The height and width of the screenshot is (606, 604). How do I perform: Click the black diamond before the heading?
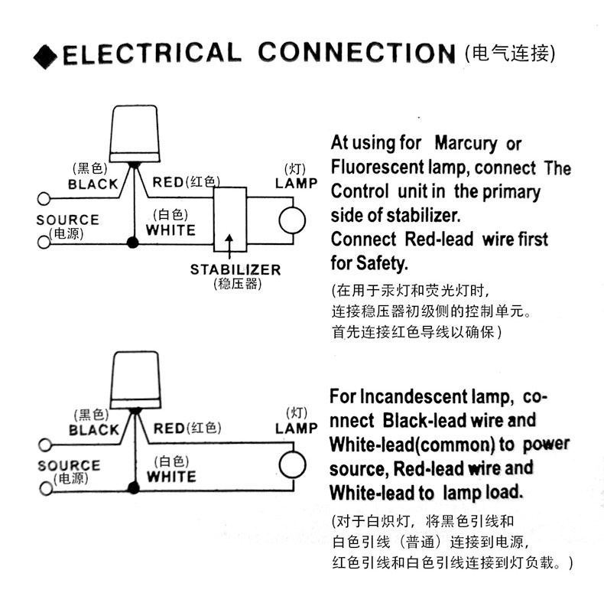pos(45,57)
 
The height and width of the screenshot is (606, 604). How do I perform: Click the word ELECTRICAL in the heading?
pos(152,54)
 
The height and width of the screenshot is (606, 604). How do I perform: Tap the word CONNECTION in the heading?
pos(357,53)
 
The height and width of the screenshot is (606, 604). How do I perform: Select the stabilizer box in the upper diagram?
pos(230,220)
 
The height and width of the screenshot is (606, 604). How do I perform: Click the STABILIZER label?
pos(235,269)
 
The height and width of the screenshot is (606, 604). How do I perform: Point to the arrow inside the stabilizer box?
pos(229,246)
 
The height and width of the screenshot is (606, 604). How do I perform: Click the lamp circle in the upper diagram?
pos(292,220)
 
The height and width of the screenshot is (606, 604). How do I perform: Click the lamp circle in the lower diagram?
pos(292,465)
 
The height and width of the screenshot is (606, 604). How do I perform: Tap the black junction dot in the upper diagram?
pos(133,243)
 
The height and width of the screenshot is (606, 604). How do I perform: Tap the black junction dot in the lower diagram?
pos(134,487)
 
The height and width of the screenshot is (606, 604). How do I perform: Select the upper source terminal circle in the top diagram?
pos(44,199)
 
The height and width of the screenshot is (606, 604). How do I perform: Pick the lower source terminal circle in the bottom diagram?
pos(46,488)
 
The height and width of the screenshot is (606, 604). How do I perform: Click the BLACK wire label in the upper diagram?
pos(93,184)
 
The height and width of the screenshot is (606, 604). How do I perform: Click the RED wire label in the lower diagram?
pos(168,428)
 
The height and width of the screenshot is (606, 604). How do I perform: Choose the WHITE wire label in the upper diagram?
pos(170,230)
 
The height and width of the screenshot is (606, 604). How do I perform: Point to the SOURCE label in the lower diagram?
pos(69,465)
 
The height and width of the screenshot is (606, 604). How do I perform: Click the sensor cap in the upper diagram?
pos(135,134)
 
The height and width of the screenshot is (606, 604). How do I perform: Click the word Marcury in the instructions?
pos(466,144)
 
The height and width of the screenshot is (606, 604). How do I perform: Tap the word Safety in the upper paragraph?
pos(382,263)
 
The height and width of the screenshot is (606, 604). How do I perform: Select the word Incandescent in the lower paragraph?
pos(414,396)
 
